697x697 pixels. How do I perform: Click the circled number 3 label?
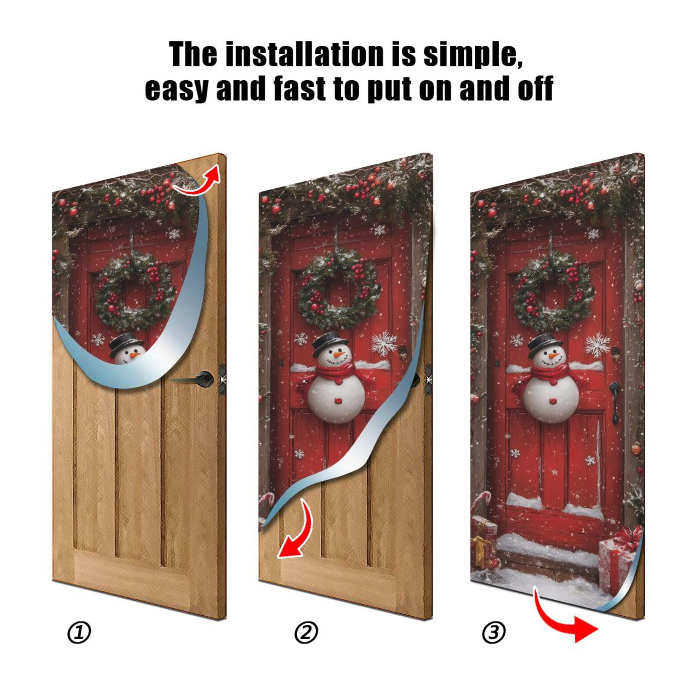point(494,632)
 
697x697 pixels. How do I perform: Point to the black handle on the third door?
point(614,401)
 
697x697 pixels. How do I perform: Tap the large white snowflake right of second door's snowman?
point(384,343)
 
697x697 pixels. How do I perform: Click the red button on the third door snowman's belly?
point(553,399)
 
